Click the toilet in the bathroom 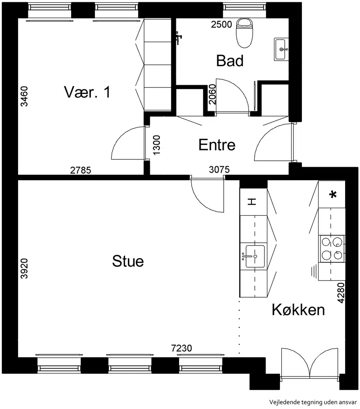click(244, 32)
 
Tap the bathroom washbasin click(281, 49)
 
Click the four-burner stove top click(332, 249)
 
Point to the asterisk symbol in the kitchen click(333, 195)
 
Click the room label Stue click(128, 261)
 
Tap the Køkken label click(298, 310)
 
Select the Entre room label click(217, 145)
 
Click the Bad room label click(229, 60)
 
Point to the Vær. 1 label click(87, 92)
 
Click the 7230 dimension click(181, 348)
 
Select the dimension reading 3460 click(24, 96)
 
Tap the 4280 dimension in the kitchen click(341, 293)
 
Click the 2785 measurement click(81, 170)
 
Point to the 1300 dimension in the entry click(157, 145)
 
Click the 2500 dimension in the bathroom click(221, 24)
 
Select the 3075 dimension click(219, 170)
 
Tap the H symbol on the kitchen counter click(252, 202)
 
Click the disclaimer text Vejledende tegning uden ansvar click(313, 402)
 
